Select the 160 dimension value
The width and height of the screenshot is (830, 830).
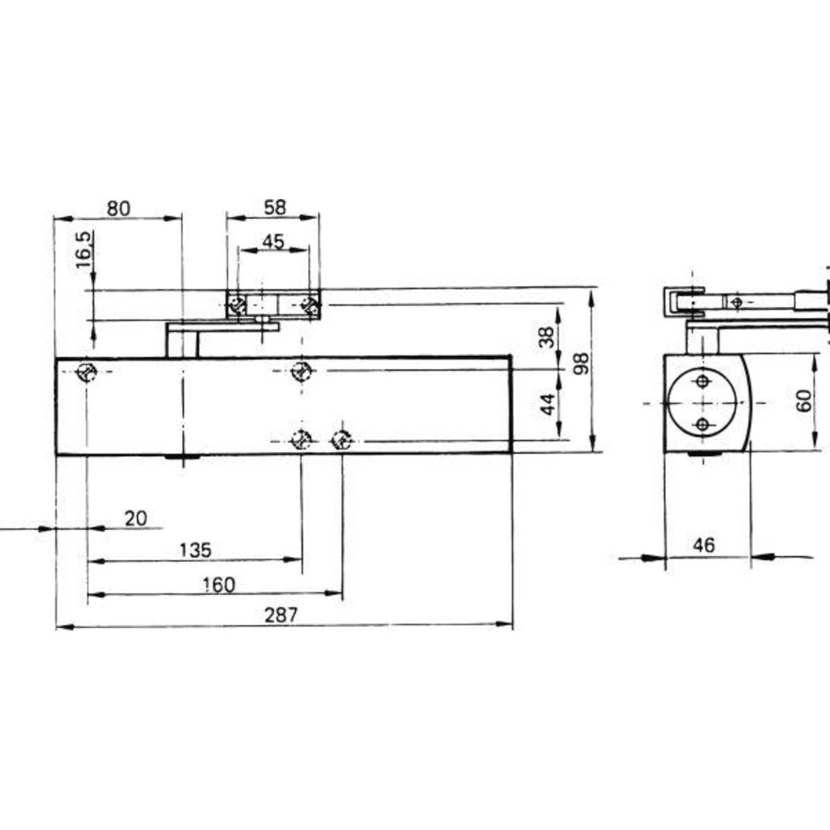coord(219,585)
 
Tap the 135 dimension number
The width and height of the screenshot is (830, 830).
coord(195,550)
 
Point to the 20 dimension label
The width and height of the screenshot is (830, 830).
coord(136,518)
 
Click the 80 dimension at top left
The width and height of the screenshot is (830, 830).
coord(118,208)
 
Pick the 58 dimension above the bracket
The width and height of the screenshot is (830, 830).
coord(275,207)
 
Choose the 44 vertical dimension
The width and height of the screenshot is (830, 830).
coord(548,404)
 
